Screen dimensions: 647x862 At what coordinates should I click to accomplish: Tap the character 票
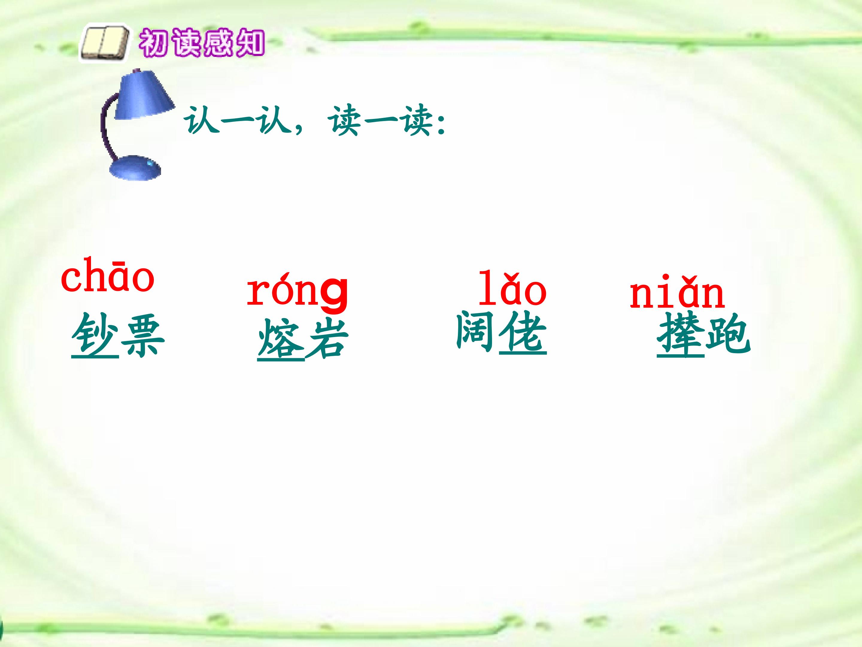(142, 335)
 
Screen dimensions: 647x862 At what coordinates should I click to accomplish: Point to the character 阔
(476, 332)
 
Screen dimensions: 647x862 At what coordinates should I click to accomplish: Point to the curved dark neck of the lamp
(106, 125)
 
